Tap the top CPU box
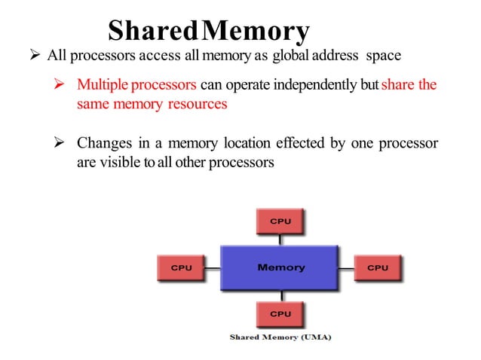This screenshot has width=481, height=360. (x=280, y=221)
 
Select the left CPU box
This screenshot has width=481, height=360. (x=181, y=267)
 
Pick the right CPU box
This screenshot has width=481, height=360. (x=378, y=267)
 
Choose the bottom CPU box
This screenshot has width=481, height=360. (x=280, y=313)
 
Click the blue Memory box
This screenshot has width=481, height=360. (x=280, y=267)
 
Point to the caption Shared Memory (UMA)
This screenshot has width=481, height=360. (x=280, y=337)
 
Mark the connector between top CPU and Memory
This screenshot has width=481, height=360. (x=280, y=239)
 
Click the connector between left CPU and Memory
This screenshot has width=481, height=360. (x=213, y=267)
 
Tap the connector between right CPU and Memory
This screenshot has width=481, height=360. (x=347, y=267)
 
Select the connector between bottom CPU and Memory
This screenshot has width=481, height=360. (x=280, y=295)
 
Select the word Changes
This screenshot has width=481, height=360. (x=103, y=144)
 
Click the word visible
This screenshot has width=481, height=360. (x=118, y=163)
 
